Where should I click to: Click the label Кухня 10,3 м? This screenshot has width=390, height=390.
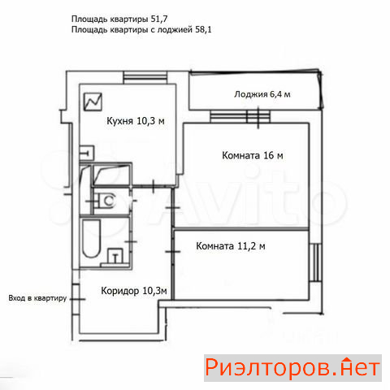(x=136, y=121)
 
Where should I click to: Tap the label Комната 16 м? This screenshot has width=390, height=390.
(x=253, y=155)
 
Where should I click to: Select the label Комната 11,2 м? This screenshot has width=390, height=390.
(x=231, y=246)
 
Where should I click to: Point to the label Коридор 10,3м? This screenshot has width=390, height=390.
(x=134, y=291)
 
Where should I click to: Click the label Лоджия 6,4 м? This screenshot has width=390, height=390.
(x=262, y=94)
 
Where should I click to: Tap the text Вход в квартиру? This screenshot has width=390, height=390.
(x=37, y=298)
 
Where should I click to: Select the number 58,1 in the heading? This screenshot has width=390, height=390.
(x=203, y=29)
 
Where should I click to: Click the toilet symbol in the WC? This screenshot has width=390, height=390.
(x=107, y=201)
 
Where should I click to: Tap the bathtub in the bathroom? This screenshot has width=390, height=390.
(x=91, y=238)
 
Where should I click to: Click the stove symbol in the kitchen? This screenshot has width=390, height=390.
(x=93, y=102)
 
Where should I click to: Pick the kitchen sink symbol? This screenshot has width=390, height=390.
(x=87, y=153)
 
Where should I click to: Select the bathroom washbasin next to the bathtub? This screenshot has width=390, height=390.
(x=115, y=257)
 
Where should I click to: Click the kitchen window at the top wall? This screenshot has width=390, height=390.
(x=145, y=77)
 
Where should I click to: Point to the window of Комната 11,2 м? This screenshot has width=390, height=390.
(x=315, y=262)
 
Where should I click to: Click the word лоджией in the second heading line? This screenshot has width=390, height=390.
(x=175, y=29)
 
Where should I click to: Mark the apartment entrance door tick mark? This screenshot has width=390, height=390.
(x=78, y=299)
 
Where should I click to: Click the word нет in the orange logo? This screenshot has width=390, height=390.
(x=359, y=367)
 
